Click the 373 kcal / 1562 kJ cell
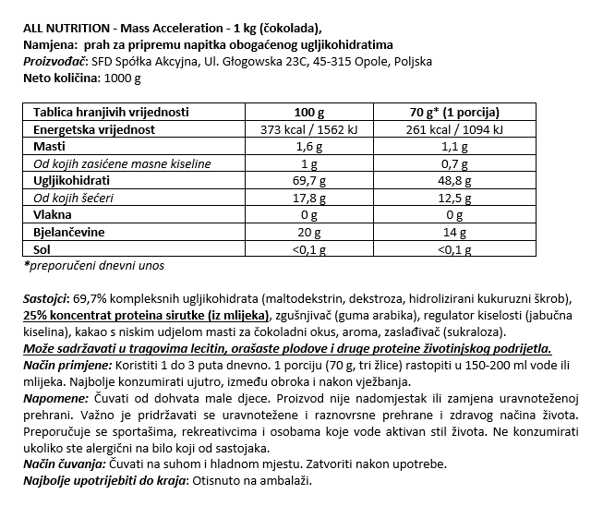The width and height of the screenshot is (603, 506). [309, 129]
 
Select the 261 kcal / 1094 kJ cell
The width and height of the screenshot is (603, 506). [452, 129]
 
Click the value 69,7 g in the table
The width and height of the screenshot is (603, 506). [309, 182]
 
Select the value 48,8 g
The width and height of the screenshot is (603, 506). [452, 182]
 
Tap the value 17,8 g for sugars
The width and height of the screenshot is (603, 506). [309, 199]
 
